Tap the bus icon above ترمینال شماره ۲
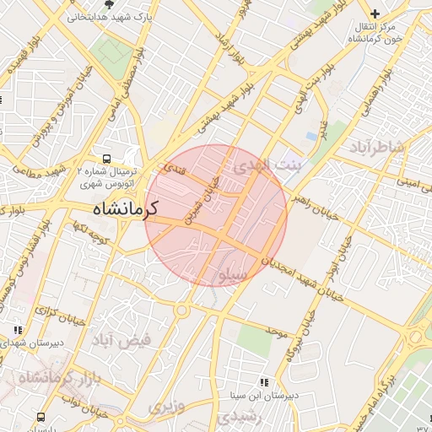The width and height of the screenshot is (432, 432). click(x=106, y=158)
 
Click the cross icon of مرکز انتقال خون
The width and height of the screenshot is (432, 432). click(x=375, y=13)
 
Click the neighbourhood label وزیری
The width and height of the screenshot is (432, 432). click(x=165, y=407)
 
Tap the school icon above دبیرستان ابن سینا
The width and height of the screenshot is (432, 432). click(x=265, y=382)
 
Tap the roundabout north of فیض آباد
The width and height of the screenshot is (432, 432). click(x=181, y=310)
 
